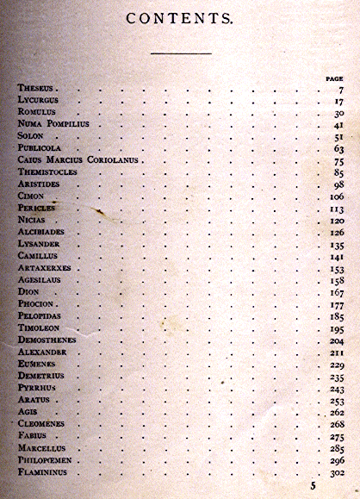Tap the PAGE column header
point(334,78)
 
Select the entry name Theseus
point(38,89)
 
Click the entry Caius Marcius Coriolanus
point(79,160)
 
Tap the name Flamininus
point(49,473)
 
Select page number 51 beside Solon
point(338,136)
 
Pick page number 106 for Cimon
point(336,196)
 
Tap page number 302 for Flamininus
point(336,473)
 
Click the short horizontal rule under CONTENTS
point(180,53)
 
